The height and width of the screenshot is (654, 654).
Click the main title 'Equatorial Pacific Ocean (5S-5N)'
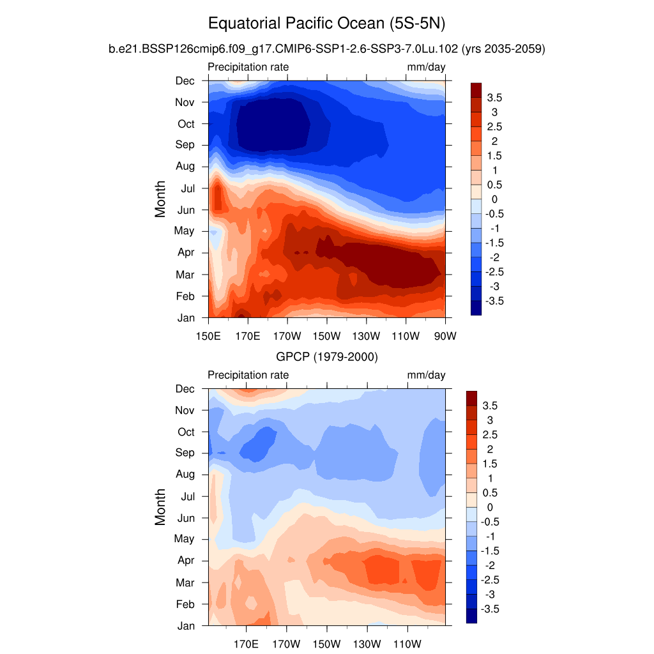click(x=326, y=24)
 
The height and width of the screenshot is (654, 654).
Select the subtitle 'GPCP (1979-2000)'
click(x=327, y=358)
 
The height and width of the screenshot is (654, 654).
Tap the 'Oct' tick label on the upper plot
click(x=185, y=124)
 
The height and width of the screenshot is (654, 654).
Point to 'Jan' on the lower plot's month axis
click(x=186, y=626)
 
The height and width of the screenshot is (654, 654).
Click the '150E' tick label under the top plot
click(x=208, y=336)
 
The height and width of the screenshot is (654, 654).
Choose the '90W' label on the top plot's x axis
click(x=445, y=336)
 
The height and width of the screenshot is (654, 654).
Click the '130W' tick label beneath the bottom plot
click(x=366, y=644)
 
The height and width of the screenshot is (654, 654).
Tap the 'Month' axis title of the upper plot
click(x=160, y=199)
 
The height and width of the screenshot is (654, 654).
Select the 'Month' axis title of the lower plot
click(x=160, y=506)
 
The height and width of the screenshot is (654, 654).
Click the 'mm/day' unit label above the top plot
click(x=427, y=67)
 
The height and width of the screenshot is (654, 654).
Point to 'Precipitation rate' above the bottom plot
click(x=248, y=375)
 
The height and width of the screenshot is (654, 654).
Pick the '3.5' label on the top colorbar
click(x=494, y=97)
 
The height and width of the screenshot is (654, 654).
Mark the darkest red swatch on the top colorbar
click(x=476, y=89)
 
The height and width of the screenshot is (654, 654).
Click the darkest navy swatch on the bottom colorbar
click(x=472, y=616)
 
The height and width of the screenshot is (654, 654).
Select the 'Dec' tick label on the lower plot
click(x=185, y=389)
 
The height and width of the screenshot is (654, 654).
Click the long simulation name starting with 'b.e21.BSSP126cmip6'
click(x=326, y=49)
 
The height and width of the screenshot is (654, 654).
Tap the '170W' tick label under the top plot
click(x=287, y=336)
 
